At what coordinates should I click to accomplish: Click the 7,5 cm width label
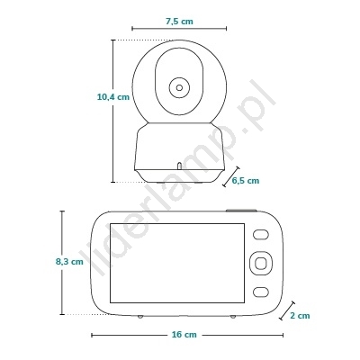pos(179,22)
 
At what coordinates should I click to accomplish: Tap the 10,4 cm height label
pos(113,97)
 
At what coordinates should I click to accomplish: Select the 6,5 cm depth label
pos(246,181)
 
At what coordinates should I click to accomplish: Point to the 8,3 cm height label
pos(69,262)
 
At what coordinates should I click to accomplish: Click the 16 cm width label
pos(184,335)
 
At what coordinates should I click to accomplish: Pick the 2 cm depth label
pos(300,316)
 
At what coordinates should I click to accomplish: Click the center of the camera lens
pos(179,88)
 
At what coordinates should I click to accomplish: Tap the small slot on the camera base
pos(179,166)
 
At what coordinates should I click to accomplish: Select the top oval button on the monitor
pos(260,235)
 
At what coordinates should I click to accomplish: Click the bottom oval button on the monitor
pos(260,292)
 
